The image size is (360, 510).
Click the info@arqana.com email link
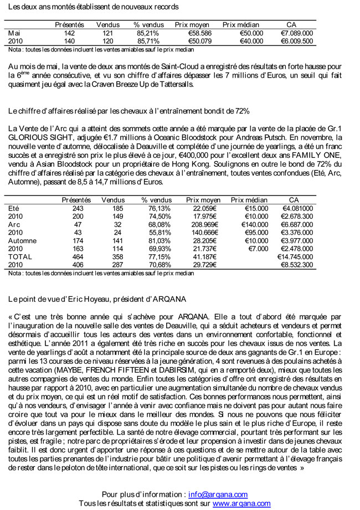[x=218, y=494]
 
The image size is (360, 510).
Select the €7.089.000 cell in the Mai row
[x=297, y=33]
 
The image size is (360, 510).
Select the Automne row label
[x=22, y=241]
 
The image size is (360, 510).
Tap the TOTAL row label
[x=20, y=257]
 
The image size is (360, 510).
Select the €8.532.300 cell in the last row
[x=297, y=265]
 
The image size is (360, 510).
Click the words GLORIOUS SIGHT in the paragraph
[x=39, y=136]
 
